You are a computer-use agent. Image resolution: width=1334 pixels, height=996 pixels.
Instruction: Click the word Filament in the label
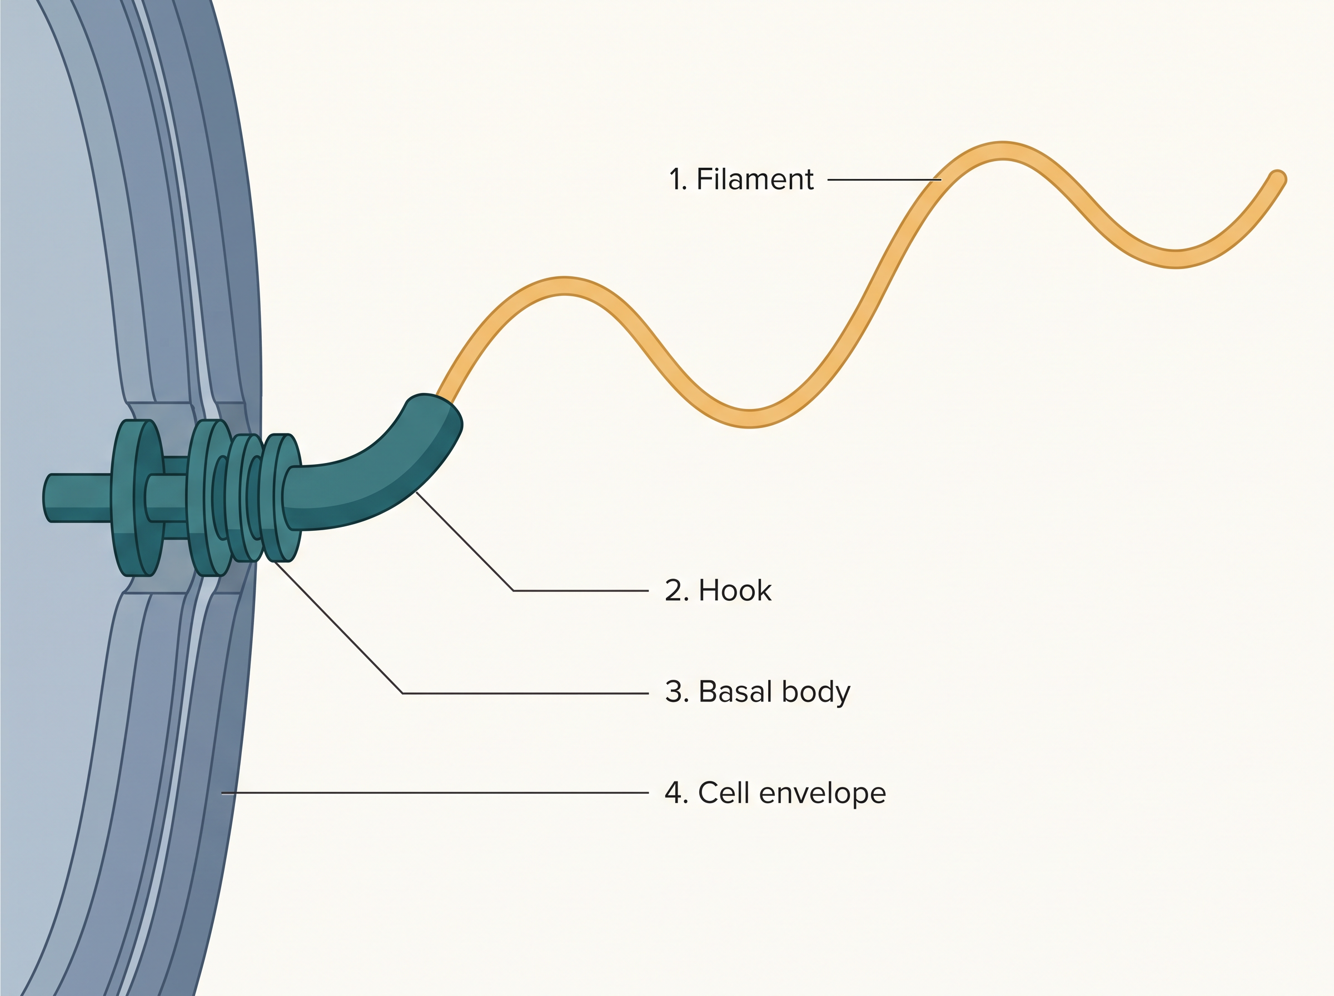click(755, 179)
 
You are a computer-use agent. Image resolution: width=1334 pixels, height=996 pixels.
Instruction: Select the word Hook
click(735, 590)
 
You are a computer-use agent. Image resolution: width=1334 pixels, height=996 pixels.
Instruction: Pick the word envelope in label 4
click(822, 793)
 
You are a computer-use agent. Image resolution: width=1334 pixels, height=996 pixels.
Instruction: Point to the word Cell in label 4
click(723, 793)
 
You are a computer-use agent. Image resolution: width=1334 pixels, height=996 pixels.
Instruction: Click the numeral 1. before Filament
click(678, 179)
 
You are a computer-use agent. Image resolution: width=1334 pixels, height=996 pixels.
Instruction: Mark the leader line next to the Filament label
click(884, 180)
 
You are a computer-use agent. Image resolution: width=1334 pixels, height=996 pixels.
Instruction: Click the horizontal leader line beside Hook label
click(580, 591)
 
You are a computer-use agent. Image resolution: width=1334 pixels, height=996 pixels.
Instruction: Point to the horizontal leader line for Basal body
click(525, 693)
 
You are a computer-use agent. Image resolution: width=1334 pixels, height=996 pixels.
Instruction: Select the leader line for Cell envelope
click(435, 793)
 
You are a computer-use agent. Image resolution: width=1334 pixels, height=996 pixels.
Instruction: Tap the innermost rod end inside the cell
click(47, 498)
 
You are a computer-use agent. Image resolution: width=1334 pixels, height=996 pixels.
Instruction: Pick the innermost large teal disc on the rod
click(137, 497)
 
